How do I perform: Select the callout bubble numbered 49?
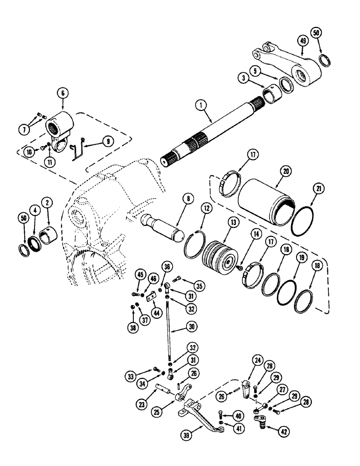[303, 41]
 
